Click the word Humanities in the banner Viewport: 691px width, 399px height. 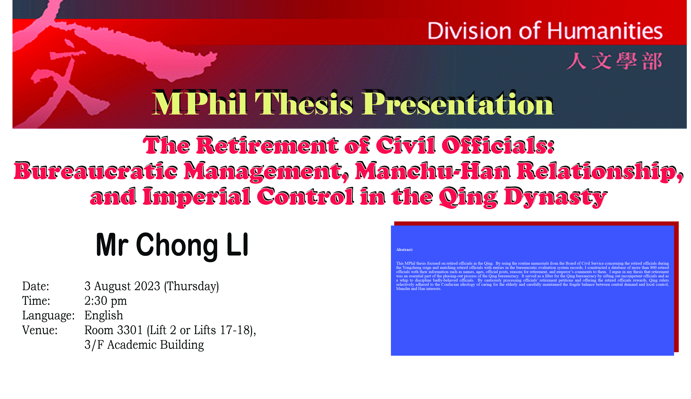coord(605,31)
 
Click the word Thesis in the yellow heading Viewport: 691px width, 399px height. coord(304,104)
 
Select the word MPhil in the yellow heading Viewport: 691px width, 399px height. coord(200,104)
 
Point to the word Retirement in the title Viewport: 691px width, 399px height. coord(267,145)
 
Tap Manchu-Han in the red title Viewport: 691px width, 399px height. coord(433,171)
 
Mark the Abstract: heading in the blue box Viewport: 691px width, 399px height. coord(404,250)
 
